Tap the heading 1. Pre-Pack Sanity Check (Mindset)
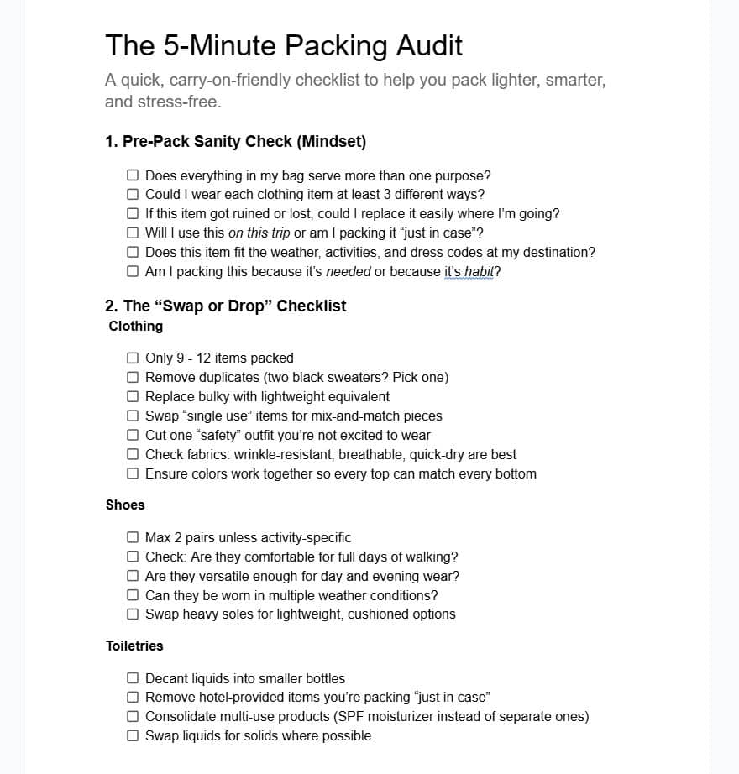[x=236, y=142]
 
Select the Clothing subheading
[x=136, y=326]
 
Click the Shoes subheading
[x=125, y=505]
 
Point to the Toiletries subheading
[x=134, y=646]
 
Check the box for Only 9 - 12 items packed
[x=133, y=358]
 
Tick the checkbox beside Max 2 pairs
[x=133, y=537]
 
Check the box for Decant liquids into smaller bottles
[x=133, y=678]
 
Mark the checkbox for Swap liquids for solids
[x=133, y=735]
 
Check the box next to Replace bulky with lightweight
[x=133, y=396]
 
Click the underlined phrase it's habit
[x=469, y=271]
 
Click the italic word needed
[x=348, y=271]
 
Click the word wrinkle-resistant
[x=279, y=454]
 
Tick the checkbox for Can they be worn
[x=133, y=595]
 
